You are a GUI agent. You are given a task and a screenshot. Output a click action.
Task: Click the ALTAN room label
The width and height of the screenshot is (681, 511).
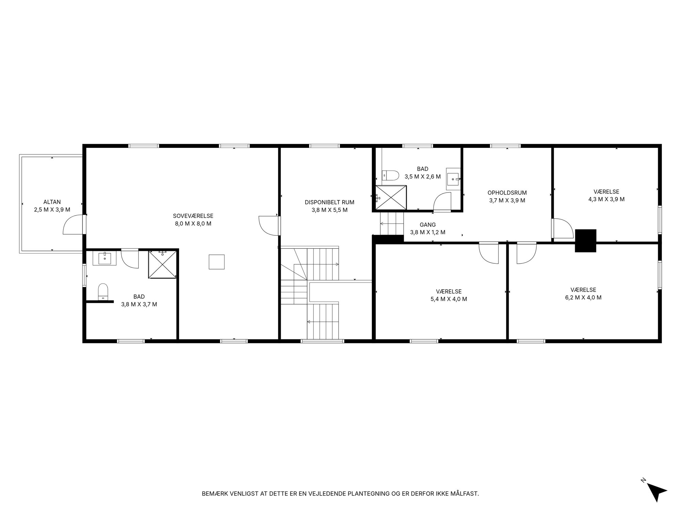tap(52, 202)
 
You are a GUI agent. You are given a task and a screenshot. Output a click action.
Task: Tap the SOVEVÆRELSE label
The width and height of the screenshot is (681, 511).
tap(193, 216)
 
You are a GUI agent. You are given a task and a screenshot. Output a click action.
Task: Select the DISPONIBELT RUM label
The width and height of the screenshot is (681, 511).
tap(330, 202)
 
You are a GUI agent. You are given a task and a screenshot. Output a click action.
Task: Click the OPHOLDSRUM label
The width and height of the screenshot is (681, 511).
tap(507, 193)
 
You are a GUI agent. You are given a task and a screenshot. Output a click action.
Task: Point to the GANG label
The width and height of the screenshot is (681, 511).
tap(428, 225)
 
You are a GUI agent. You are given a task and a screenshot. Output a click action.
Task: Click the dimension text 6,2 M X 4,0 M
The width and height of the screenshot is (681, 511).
tap(583, 297)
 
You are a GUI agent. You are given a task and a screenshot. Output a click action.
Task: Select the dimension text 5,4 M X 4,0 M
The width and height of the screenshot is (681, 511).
tap(449, 299)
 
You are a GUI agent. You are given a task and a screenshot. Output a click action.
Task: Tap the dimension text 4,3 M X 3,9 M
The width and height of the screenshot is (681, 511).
tap(606, 199)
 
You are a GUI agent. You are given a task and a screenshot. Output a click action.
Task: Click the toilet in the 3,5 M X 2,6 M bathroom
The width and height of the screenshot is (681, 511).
tap(390, 175)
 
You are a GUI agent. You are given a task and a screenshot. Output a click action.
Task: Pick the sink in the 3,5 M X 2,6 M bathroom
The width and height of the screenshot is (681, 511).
tap(453, 178)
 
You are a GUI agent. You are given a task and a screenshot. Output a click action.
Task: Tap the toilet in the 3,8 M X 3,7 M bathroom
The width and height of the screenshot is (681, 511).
tap(103, 292)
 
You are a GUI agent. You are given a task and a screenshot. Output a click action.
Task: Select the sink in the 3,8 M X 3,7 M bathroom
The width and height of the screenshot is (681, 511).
tap(105, 258)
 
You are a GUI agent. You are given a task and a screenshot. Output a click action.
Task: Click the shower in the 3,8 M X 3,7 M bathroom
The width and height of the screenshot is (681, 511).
tap(162, 264)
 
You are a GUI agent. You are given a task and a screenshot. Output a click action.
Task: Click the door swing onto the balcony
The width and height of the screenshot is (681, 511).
tap(73, 224)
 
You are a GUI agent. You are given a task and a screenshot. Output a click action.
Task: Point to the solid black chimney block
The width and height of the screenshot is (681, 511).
tap(586, 241)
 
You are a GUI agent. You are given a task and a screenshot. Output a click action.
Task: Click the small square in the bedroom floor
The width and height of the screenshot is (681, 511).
tap(217, 262)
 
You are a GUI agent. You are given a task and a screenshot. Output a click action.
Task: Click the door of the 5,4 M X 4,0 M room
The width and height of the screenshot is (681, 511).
tap(489, 253)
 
